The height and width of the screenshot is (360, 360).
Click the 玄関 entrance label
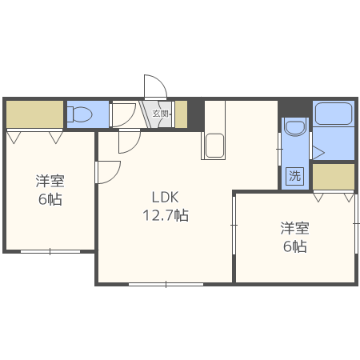160,114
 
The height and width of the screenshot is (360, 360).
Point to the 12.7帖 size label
166,215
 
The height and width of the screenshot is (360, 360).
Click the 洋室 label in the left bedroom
49,181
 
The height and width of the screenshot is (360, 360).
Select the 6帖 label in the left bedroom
49,199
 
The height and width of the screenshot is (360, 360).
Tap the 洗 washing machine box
295,176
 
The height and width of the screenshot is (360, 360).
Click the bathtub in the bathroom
334,114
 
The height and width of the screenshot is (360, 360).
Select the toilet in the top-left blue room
80,114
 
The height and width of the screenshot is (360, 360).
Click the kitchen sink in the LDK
214,146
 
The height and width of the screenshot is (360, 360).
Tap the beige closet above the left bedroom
34,114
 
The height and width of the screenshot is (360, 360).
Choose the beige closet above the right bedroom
333,176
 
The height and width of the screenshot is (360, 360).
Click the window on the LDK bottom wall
166,283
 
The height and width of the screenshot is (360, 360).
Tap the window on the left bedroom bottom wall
48,251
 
